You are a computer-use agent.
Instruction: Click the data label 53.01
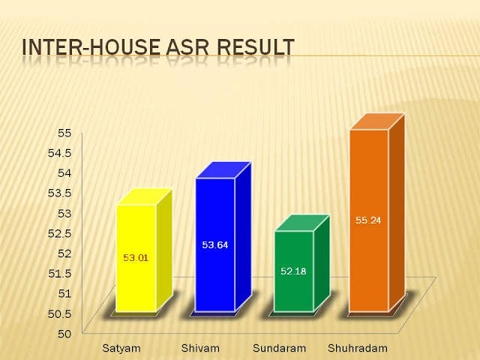tap(136, 258)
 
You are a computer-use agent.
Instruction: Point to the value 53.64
tap(215, 245)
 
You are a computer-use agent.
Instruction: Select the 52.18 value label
tap(293, 271)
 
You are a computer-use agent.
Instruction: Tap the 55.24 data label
tap(368, 220)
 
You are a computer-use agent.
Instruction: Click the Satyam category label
tap(121, 348)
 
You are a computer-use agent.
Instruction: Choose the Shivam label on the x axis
tap(200, 348)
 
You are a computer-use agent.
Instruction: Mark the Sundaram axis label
tap(279, 348)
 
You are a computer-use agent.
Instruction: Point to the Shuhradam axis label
tap(358, 348)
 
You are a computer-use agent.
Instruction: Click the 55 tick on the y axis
tap(64, 133)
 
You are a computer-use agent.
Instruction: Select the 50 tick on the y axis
tap(64, 334)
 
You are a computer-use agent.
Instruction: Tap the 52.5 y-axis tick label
tap(60, 233)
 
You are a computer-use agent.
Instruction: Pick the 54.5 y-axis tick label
tap(60, 153)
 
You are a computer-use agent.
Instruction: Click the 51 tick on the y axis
tap(64, 293)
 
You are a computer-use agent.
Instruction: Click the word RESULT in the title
tap(256, 47)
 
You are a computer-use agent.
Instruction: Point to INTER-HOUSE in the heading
tap(91, 47)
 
